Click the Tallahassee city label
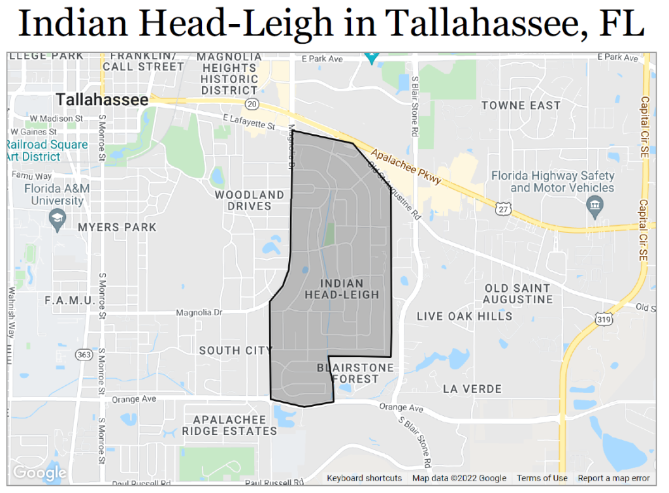(103, 100)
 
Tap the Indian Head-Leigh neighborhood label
(342, 289)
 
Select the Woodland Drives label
(250, 200)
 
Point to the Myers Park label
(117, 227)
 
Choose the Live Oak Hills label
(465, 316)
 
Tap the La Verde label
(472, 389)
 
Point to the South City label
(235, 351)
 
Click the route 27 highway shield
(502, 207)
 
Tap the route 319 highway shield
(603, 318)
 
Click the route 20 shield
(253, 104)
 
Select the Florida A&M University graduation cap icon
(58, 217)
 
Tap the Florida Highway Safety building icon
(595, 207)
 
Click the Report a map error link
(613, 478)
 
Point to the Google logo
(39, 472)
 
